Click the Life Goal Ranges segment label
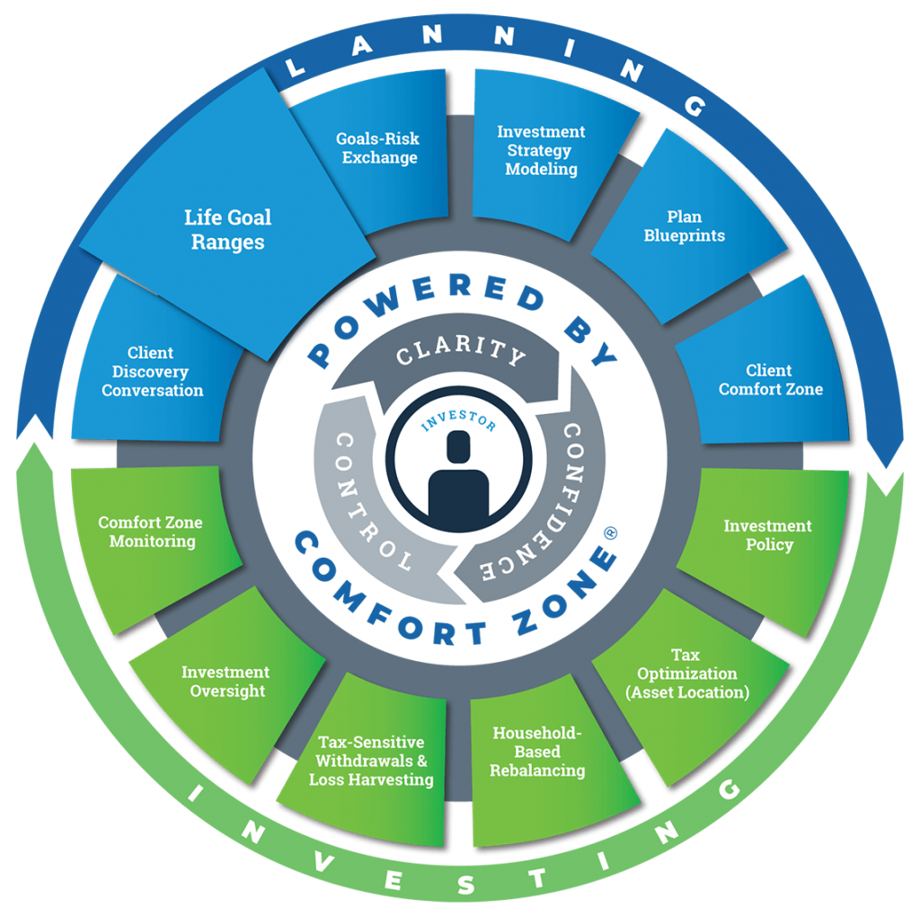tap(227, 229)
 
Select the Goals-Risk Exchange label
tap(377, 148)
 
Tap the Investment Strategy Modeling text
tap(541, 150)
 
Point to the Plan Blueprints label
tap(684, 226)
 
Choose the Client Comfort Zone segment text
tap(770, 379)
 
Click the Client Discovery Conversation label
tap(152, 372)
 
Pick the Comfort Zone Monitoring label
tap(150, 532)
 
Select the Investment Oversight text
tap(225, 682)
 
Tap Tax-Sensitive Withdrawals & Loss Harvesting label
tap(371, 761)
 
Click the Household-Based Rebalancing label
tap(538, 752)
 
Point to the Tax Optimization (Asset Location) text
tap(686, 674)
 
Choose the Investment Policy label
tap(767, 535)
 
